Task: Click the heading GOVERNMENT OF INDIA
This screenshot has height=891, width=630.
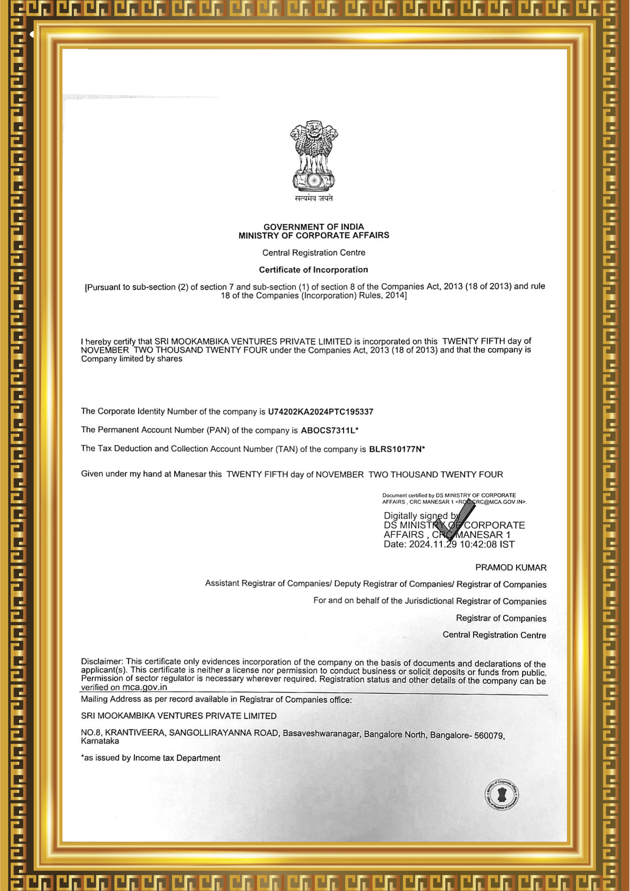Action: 314,227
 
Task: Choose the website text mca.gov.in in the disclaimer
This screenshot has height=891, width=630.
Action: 144,687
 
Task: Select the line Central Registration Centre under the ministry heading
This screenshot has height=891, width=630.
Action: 314,253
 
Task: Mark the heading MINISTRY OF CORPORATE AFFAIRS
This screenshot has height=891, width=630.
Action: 314,236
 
